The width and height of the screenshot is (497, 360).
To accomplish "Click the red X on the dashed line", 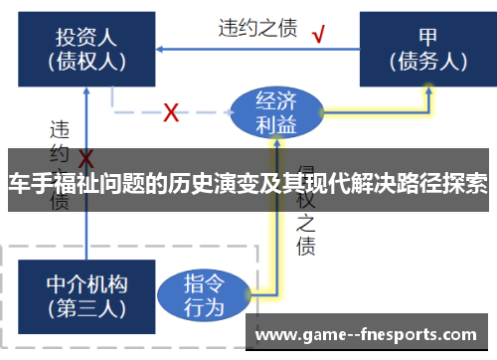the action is [x=170, y=112].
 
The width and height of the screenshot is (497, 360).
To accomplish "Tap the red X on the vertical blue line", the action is [x=86, y=160].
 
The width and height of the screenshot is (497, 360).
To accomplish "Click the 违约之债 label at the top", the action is [x=256, y=28].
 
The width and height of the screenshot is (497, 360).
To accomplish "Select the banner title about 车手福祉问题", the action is [x=248, y=184].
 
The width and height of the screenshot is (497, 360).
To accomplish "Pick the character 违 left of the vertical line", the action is [x=59, y=129].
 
